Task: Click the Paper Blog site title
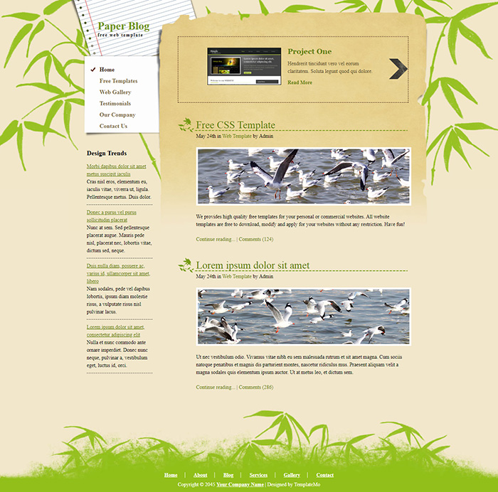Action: pyautogui.click(x=124, y=26)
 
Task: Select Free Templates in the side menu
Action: pyautogui.click(x=119, y=81)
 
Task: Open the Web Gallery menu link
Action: pyautogui.click(x=115, y=92)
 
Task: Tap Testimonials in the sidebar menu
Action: pyautogui.click(x=115, y=104)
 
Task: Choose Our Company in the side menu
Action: pyautogui.click(x=117, y=115)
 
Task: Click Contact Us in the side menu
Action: pyautogui.click(x=113, y=127)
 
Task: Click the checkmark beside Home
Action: pyautogui.click(x=93, y=70)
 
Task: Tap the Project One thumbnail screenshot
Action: pyautogui.click(x=243, y=67)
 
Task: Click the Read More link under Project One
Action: pyautogui.click(x=300, y=82)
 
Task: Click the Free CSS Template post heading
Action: pyautogui.click(x=235, y=126)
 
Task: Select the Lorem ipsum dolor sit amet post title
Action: pyautogui.click(x=253, y=266)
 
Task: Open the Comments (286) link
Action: pyautogui.click(x=255, y=387)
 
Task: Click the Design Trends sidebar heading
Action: pyautogui.click(x=107, y=154)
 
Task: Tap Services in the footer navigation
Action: pyautogui.click(x=258, y=475)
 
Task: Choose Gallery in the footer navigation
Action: pyautogui.click(x=292, y=475)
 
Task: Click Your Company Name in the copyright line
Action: pyautogui.click(x=240, y=484)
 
